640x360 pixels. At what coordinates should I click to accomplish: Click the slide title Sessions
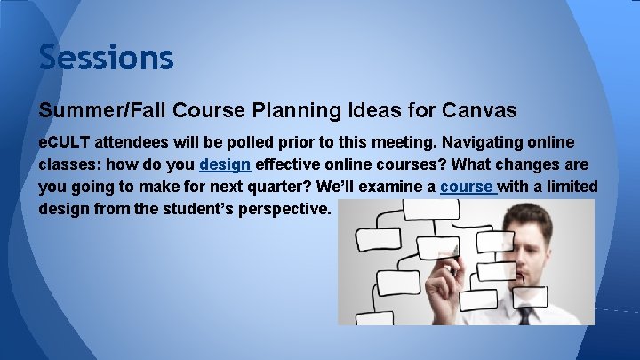106,58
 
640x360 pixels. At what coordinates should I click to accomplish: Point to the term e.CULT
65,142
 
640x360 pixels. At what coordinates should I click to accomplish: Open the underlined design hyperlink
225,164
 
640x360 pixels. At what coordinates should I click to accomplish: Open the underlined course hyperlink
467,187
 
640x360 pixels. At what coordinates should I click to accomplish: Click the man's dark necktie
525,315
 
